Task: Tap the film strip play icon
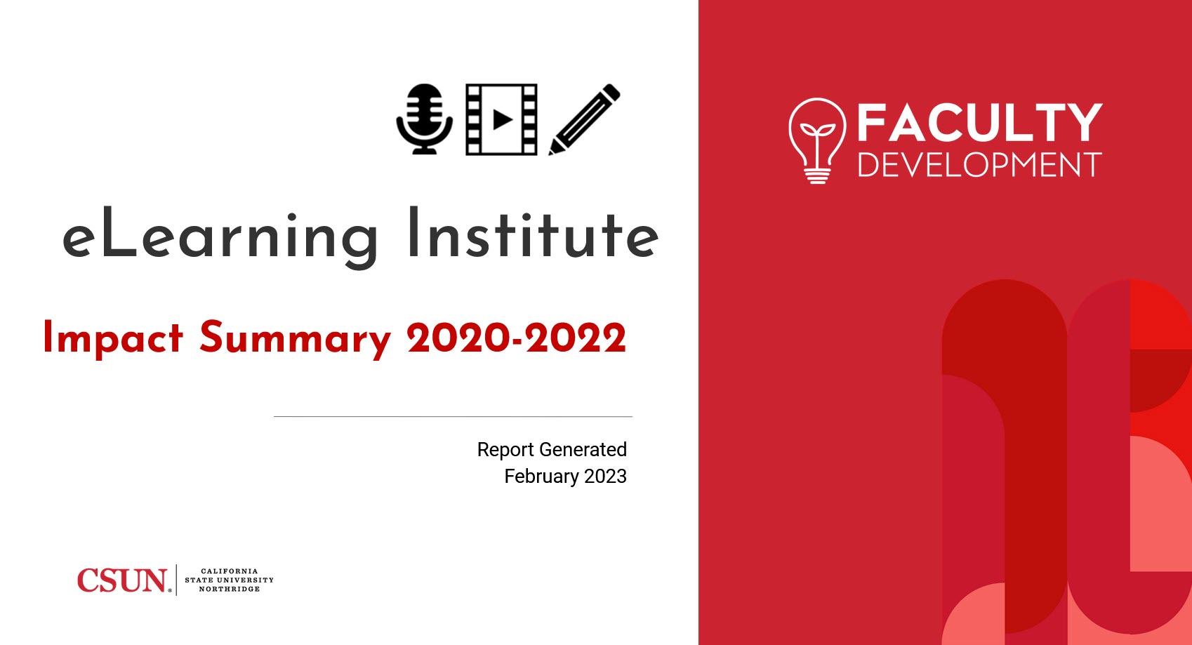pyautogui.click(x=501, y=119)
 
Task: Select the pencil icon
pyautogui.click(x=584, y=119)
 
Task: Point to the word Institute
pyautogui.click(x=533, y=234)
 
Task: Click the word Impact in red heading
pyautogui.click(x=113, y=338)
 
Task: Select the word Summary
pyautogui.click(x=295, y=339)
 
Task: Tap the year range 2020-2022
pyautogui.click(x=516, y=338)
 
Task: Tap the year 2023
pyautogui.click(x=605, y=476)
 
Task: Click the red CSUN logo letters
pyautogui.click(x=122, y=580)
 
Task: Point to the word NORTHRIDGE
pyautogui.click(x=230, y=590)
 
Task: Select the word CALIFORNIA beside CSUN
pyautogui.click(x=230, y=571)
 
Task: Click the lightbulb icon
pyautogui.click(x=816, y=140)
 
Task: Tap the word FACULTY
pyautogui.click(x=979, y=124)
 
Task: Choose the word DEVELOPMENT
pyautogui.click(x=979, y=166)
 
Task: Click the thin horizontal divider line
pyautogui.click(x=453, y=416)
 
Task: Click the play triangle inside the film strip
pyautogui.click(x=502, y=119)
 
